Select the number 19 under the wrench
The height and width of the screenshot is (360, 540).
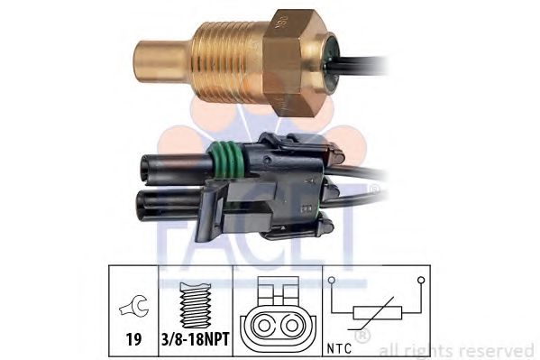[x=133, y=339]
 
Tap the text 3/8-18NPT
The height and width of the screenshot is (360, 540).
[x=195, y=339]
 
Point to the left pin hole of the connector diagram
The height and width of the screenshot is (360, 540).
[x=263, y=325]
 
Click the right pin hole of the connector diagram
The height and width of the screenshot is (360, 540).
[x=292, y=325]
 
